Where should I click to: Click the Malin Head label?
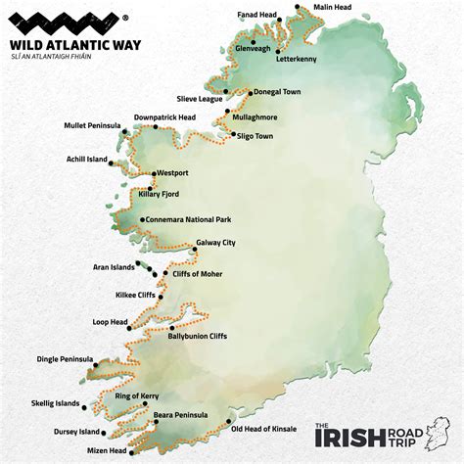[333, 7]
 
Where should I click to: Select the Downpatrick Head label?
[164, 117]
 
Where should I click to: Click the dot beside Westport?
[152, 174]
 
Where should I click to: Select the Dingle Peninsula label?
[65, 358]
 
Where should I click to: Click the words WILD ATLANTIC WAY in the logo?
[65, 43]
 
